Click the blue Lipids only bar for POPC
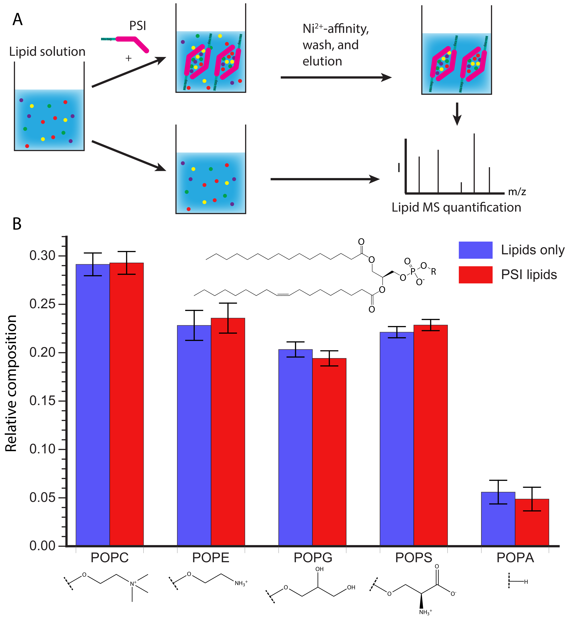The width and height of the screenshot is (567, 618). coord(93,405)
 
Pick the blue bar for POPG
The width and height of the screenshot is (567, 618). coord(295,448)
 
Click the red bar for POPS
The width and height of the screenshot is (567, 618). coord(431,436)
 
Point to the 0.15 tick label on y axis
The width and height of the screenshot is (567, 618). coord(42,401)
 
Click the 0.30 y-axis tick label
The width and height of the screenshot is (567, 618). coord(42,256)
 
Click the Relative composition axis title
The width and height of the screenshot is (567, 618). coord(11,384)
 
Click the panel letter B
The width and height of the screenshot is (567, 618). coord(17,224)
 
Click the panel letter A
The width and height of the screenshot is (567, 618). coord(17,20)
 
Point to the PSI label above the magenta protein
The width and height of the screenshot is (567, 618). coord(137,26)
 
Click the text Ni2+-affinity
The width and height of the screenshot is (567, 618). coord(335,29)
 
